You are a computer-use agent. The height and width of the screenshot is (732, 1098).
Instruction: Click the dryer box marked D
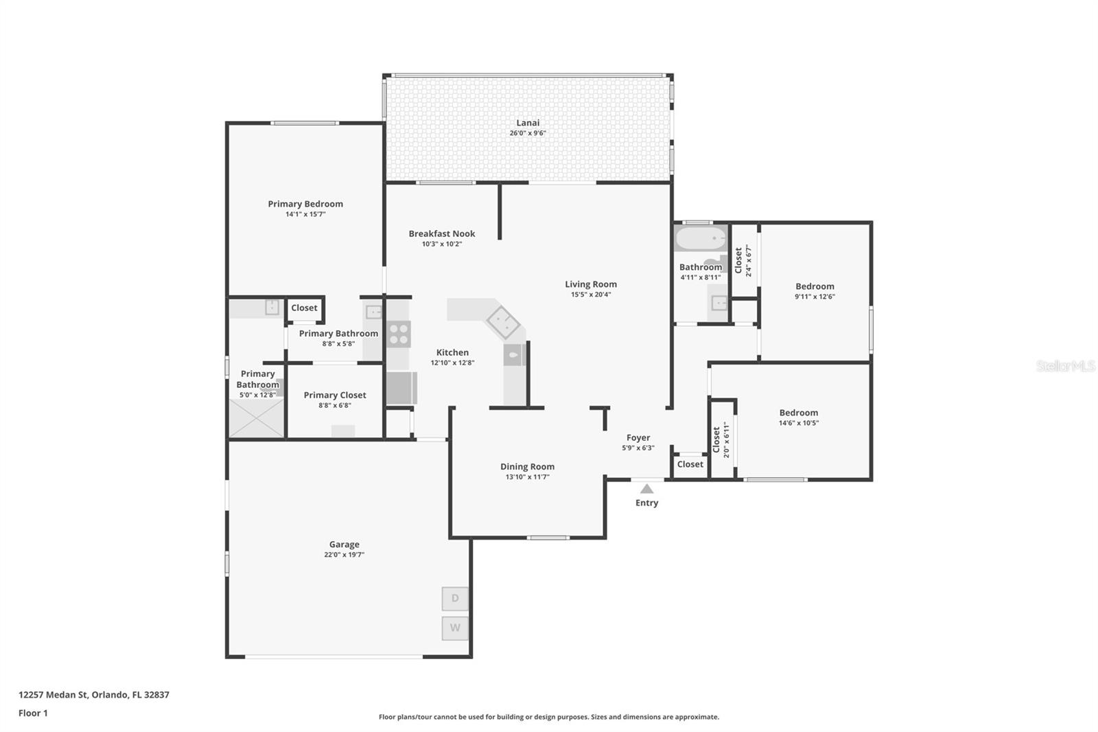(x=455, y=598)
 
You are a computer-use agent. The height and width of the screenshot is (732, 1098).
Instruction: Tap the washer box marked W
(x=455, y=628)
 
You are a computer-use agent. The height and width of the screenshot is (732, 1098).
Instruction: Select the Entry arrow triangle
(x=646, y=489)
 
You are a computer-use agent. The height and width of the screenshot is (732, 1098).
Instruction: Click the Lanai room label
(x=528, y=123)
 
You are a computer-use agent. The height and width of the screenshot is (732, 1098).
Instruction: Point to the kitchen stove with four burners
(x=399, y=334)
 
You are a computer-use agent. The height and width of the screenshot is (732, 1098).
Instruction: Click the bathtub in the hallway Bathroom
(x=700, y=239)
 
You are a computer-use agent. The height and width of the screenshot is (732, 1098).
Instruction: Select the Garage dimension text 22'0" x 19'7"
(x=344, y=555)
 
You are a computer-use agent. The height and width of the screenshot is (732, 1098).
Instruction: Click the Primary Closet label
(x=335, y=395)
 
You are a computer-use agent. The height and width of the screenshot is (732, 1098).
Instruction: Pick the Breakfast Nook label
(x=442, y=233)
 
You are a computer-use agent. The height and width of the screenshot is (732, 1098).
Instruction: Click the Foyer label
(x=638, y=437)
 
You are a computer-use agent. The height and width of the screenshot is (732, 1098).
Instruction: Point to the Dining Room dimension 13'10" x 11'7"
(x=527, y=477)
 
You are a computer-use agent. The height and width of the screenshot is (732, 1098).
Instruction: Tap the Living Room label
(x=591, y=284)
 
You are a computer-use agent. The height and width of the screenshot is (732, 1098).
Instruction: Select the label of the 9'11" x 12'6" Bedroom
(x=815, y=286)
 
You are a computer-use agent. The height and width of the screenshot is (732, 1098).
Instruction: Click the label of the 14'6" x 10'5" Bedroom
(x=798, y=413)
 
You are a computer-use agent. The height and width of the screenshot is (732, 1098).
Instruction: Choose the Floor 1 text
(x=33, y=713)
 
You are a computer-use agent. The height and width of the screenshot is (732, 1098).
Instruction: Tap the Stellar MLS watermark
(x=1065, y=366)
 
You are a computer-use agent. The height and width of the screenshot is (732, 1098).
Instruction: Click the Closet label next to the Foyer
(x=690, y=464)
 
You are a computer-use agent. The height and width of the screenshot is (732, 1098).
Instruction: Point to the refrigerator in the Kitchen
(x=401, y=388)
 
